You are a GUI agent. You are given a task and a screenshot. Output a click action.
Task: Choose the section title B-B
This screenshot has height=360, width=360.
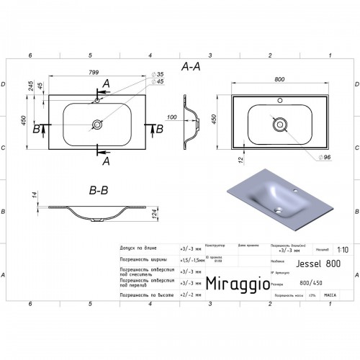click(99, 192)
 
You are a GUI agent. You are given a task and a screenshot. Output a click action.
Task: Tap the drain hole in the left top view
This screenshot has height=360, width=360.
click(96, 125)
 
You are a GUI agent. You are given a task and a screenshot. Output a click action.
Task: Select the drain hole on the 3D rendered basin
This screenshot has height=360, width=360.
click(281, 210)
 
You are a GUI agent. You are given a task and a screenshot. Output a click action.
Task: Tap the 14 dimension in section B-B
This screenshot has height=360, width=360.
click(35, 194)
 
